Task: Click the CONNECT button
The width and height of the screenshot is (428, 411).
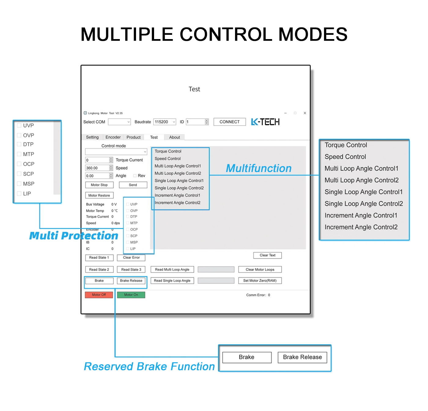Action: pos(230,122)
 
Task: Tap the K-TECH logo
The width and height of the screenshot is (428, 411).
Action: pos(265,122)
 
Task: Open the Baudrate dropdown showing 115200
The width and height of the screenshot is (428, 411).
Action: pos(165,122)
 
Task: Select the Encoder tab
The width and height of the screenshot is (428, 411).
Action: pos(113,137)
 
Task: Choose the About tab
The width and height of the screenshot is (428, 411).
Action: pos(175,137)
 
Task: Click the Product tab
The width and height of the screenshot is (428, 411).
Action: pos(134,137)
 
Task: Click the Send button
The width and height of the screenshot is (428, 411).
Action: pos(133,185)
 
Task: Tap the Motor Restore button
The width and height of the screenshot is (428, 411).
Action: pos(99,195)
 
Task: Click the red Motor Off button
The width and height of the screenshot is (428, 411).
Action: pos(99,295)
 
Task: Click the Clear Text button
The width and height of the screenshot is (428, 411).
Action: pos(267,255)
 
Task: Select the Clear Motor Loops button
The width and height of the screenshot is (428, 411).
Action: pos(260,270)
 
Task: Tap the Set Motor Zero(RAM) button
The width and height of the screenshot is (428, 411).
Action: pos(260,281)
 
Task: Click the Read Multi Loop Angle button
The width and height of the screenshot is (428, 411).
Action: pos(172,270)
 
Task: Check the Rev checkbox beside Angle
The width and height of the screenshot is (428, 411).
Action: pos(135,176)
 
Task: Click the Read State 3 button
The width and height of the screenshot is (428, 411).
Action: pos(131,270)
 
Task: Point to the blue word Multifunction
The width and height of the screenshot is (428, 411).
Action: pos(259,168)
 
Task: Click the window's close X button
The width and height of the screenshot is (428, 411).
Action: pos(305,113)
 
